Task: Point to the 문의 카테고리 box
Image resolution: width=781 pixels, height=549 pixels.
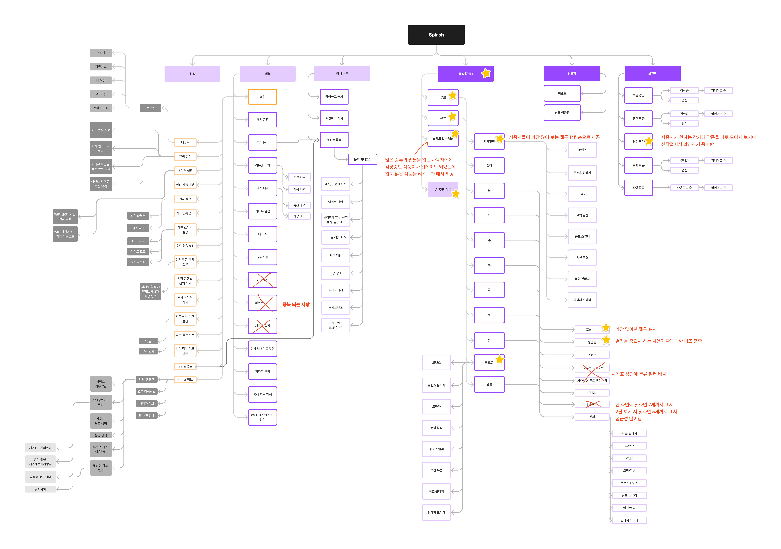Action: tap(363, 159)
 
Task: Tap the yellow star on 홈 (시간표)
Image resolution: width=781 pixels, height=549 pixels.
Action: tap(486, 73)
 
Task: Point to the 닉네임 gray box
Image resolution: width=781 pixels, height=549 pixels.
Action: tap(101, 53)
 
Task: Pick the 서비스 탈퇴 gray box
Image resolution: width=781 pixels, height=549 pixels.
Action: tap(101, 108)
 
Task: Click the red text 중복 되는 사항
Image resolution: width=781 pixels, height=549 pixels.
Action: tap(296, 304)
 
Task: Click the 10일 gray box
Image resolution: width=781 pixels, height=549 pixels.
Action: tap(148, 341)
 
